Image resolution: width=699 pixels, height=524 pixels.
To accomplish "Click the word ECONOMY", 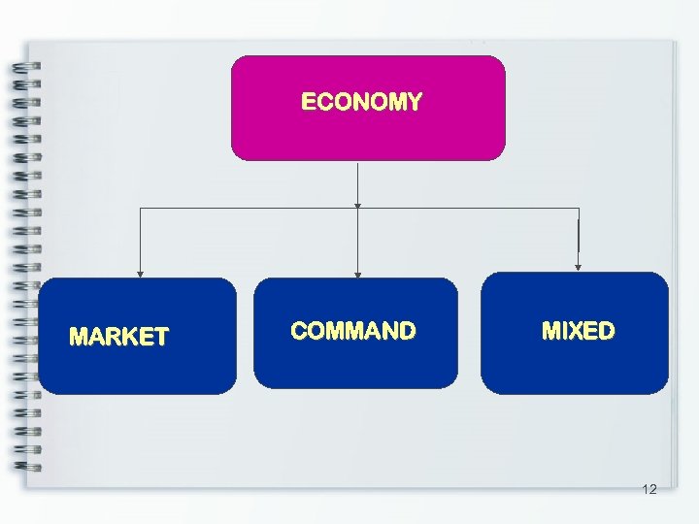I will coord(361,102).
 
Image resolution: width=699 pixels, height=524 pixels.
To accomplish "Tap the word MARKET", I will coord(118,338).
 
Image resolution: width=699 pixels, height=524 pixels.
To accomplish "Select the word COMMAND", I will coord(353,332).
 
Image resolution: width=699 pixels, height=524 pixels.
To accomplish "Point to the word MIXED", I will coord(578,331).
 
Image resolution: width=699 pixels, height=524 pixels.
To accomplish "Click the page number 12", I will coord(649,489).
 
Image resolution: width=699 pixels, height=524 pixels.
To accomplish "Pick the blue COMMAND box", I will coord(355,364).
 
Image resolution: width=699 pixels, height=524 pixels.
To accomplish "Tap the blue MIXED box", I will coord(575,364).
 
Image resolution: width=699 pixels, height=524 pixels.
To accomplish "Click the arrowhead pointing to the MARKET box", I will coord(140,274).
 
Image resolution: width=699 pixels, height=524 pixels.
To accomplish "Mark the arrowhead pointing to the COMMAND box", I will coord(358,274).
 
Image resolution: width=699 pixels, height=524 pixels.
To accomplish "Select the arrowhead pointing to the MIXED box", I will coord(579,266).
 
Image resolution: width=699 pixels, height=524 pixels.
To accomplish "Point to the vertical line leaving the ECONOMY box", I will coord(358,183).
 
